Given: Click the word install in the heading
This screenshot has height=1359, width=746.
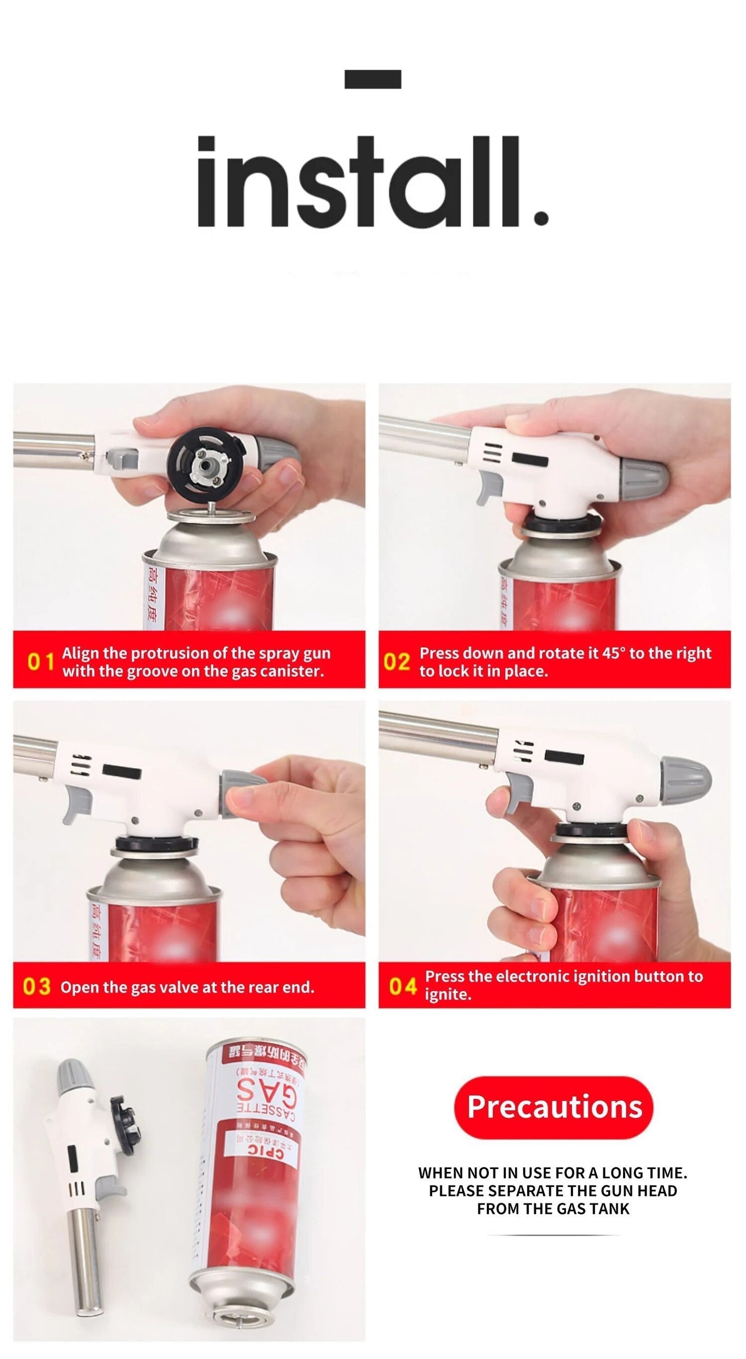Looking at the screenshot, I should (x=372, y=182).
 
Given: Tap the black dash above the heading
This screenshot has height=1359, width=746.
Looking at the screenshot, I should (x=372, y=79).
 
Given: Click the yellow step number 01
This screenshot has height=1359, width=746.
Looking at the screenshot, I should (x=41, y=662).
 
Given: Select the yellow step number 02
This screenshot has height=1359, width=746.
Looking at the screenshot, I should (x=396, y=662).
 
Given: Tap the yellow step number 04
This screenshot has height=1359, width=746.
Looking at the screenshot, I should (x=403, y=985).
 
